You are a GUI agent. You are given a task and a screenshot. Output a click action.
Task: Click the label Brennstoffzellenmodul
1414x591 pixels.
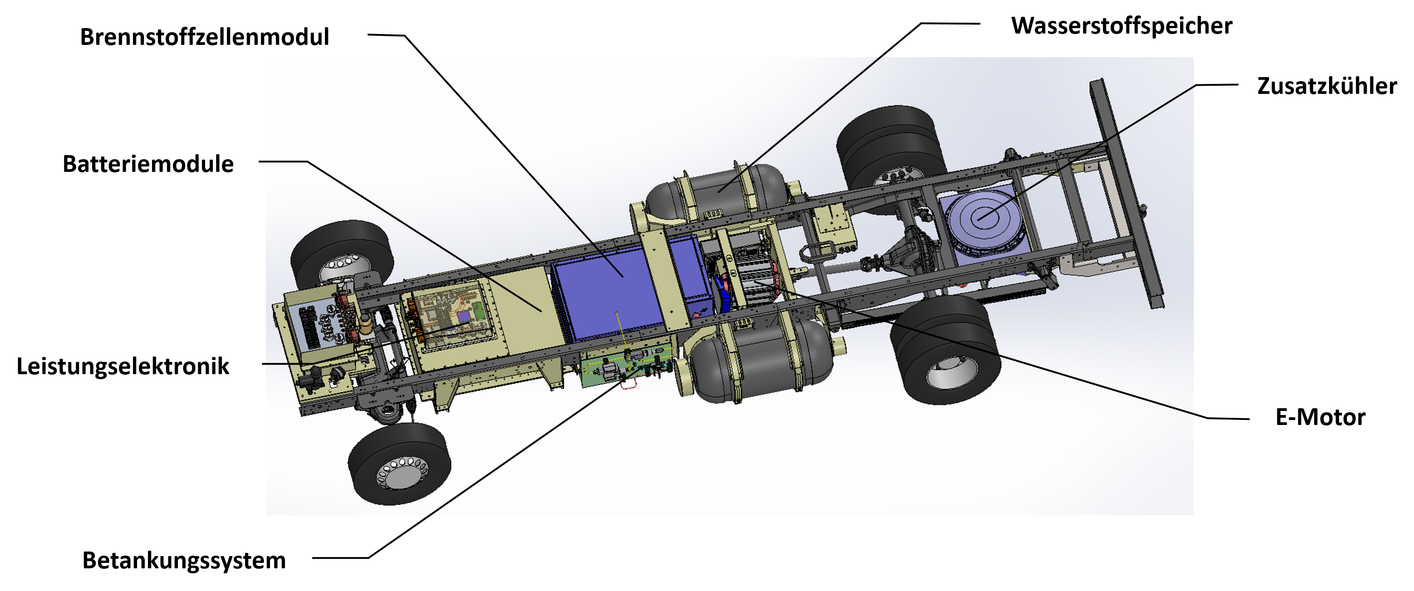click(204, 37)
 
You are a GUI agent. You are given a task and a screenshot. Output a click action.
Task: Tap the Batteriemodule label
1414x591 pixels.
click(148, 164)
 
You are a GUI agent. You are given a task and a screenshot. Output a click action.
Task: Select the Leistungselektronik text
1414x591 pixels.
click(123, 366)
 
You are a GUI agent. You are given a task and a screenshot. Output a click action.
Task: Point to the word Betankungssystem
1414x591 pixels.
click(184, 561)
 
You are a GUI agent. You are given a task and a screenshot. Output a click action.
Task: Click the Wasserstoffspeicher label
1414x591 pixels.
click(1121, 26)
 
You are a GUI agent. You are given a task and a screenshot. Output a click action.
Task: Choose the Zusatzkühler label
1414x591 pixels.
click(1327, 86)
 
